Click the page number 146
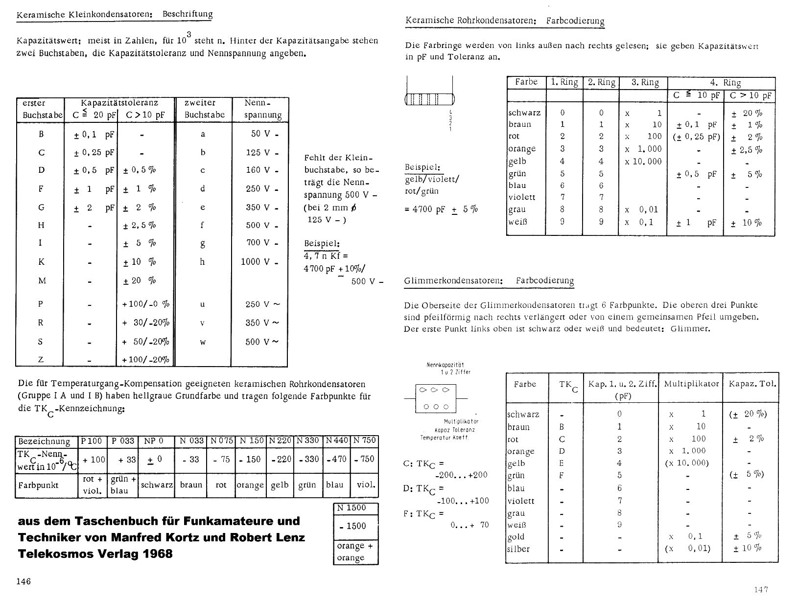pyautogui.click(x=23, y=581)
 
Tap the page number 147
pyautogui.click(x=762, y=589)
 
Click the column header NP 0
pyautogui.click(x=153, y=441)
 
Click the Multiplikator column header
pyautogui.click(x=691, y=384)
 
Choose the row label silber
pyautogui.click(x=519, y=549)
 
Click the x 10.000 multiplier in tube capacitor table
pyautogui.click(x=643, y=162)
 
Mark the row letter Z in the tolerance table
pyautogui.click(x=41, y=360)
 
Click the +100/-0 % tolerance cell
pyautogui.click(x=145, y=304)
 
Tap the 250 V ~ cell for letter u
pyautogui.click(x=262, y=304)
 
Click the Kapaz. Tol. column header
pyautogui.click(x=752, y=384)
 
